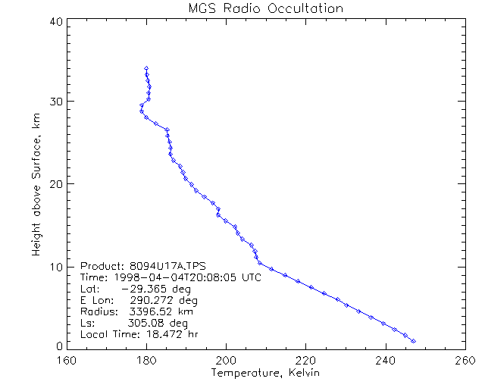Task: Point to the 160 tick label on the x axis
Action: (x=67, y=360)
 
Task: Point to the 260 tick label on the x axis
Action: (x=465, y=360)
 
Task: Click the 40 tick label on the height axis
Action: (x=55, y=21)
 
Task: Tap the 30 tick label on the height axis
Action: (x=55, y=102)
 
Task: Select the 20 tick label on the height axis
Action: (x=55, y=184)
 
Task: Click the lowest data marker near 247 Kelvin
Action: (x=413, y=341)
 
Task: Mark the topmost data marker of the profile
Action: (x=145, y=68)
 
